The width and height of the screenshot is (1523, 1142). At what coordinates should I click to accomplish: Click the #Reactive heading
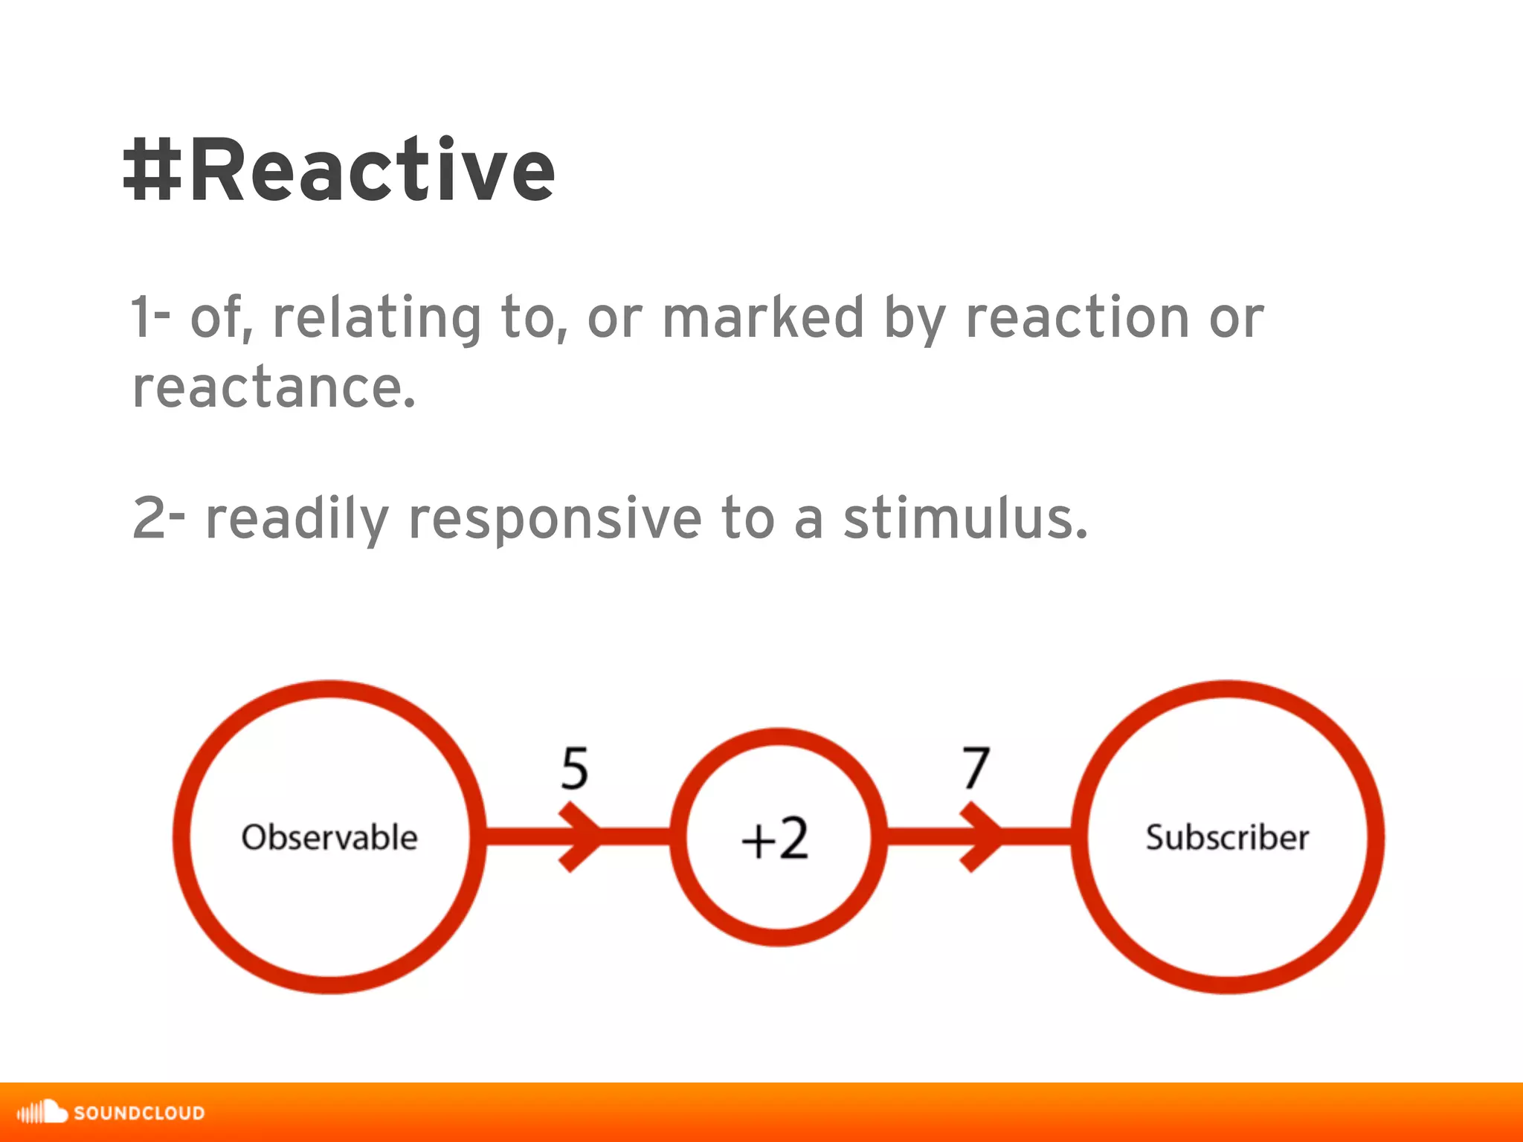click(339, 171)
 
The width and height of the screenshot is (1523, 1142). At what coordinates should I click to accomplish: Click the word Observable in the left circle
click(329, 837)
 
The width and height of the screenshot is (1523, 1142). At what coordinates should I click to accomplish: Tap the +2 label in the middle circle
click(775, 839)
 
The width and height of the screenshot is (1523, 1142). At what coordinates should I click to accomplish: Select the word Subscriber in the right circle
click(1227, 837)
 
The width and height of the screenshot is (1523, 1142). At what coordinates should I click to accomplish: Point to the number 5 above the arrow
click(575, 768)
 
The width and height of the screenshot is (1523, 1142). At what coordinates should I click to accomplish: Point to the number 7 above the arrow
click(976, 768)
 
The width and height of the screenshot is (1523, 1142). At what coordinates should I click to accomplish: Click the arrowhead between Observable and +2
click(581, 836)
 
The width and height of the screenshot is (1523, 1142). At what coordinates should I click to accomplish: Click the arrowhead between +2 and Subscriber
click(982, 836)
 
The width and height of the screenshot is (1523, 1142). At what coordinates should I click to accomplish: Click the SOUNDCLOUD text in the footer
click(139, 1113)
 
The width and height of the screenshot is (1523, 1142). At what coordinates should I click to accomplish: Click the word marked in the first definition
click(763, 317)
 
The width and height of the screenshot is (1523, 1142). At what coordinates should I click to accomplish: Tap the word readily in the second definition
click(297, 520)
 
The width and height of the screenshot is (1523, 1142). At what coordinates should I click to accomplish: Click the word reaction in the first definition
click(1077, 317)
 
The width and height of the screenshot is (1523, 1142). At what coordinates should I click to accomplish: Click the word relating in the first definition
click(376, 319)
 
